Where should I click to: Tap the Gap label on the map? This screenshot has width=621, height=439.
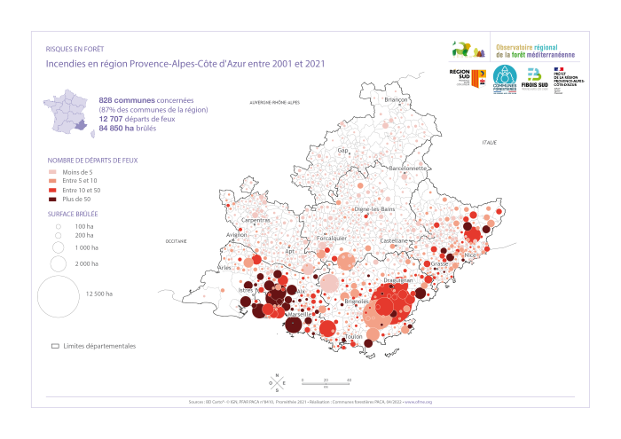(342, 150)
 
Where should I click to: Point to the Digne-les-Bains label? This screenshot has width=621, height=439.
(373, 209)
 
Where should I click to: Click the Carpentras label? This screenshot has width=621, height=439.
(255, 220)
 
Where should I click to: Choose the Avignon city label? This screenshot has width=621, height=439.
(237, 235)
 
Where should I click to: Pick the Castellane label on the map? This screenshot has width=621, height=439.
(394, 240)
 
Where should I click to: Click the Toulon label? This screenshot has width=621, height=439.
(353, 337)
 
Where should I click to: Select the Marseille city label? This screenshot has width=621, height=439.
(299, 314)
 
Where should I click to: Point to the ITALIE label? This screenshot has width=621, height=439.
(489, 142)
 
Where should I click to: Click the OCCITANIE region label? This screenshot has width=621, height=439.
(177, 241)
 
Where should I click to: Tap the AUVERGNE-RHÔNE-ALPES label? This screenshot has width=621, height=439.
(274, 103)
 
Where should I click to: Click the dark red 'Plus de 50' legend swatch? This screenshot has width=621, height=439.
(52, 200)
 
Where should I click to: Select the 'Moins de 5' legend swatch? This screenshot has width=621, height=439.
(52, 171)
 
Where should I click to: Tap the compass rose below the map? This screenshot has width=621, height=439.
(277, 382)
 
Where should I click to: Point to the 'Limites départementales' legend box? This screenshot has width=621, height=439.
(54, 345)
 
